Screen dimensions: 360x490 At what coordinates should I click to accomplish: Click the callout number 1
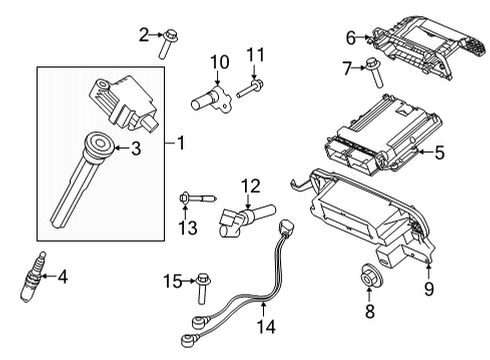182,144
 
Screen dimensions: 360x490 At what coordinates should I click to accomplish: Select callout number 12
250,184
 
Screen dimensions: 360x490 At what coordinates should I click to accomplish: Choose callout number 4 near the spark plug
62,277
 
